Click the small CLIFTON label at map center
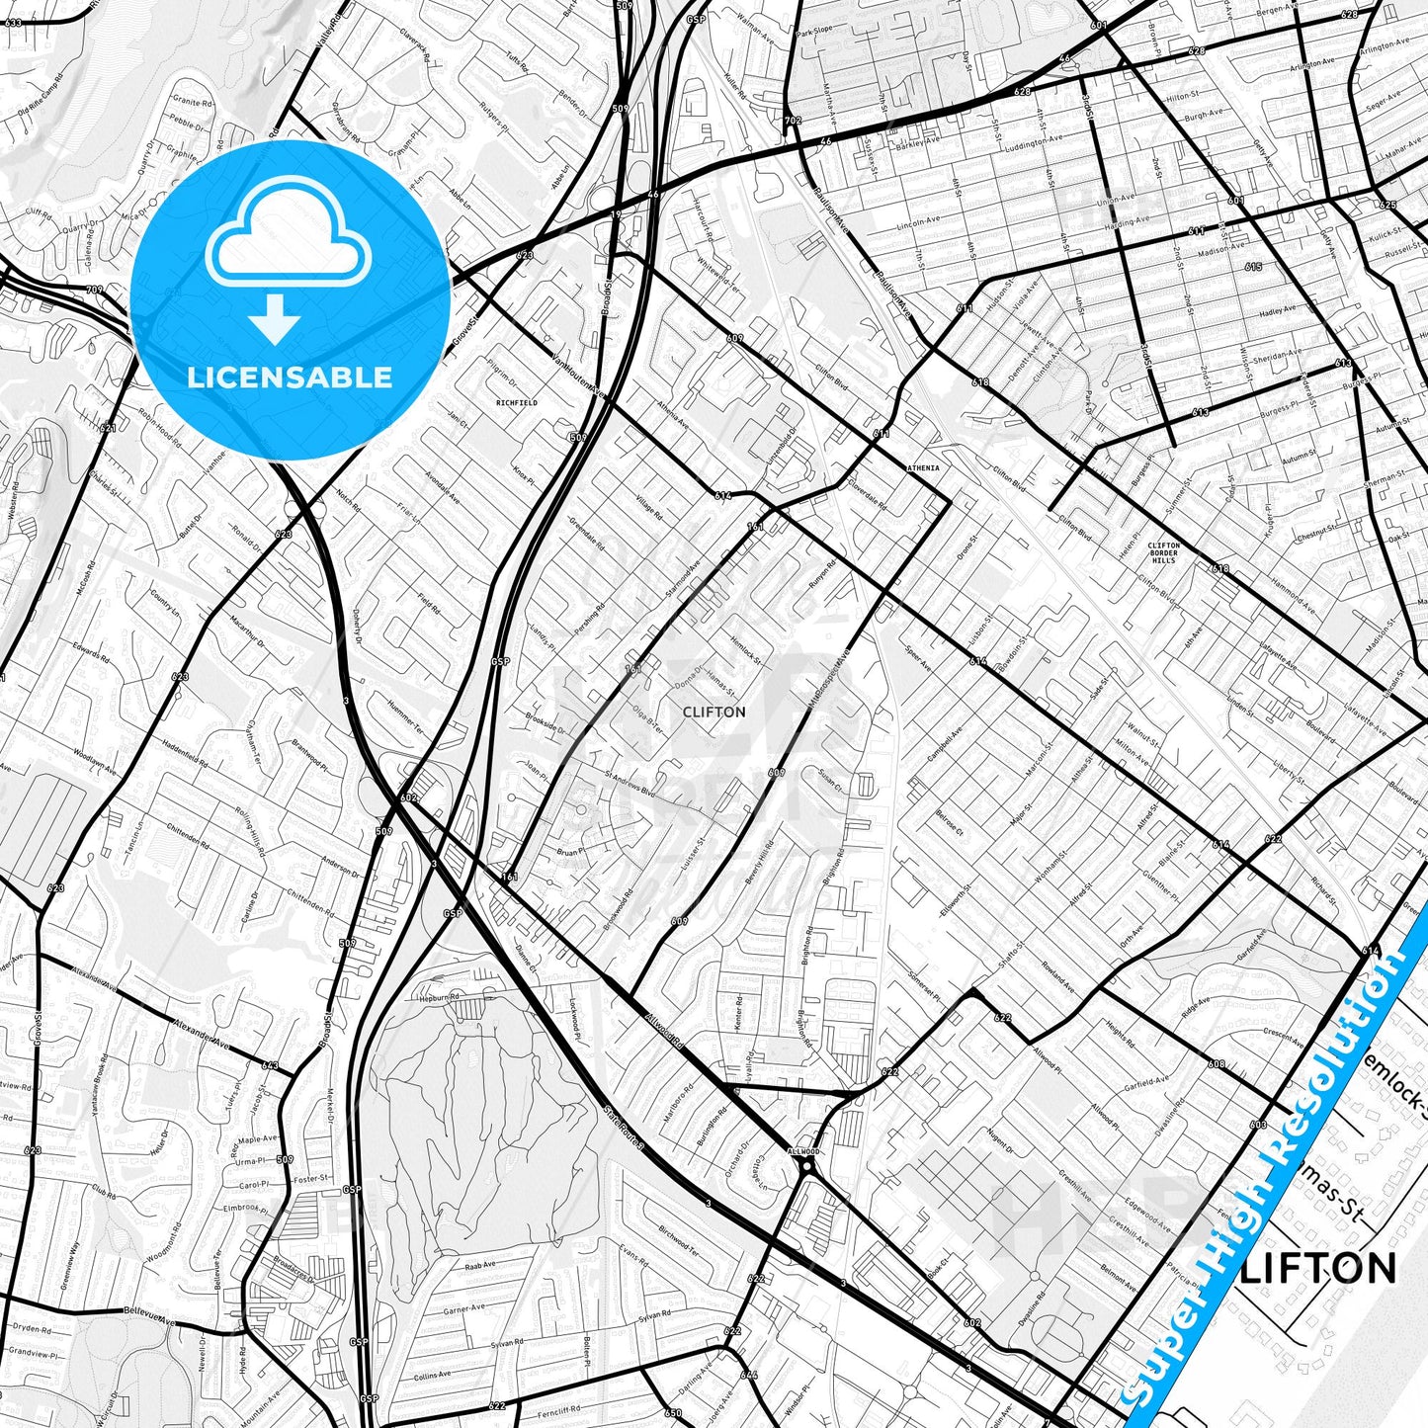[714, 712]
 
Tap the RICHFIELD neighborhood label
[517, 403]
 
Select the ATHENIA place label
[924, 467]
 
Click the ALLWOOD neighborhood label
[802, 1151]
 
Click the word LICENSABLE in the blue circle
[291, 378]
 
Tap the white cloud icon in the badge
[288, 237]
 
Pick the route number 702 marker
[792, 121]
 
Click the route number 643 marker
[270, 1065]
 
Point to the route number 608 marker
[1216, 1064]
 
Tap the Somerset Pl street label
[925, 976]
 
